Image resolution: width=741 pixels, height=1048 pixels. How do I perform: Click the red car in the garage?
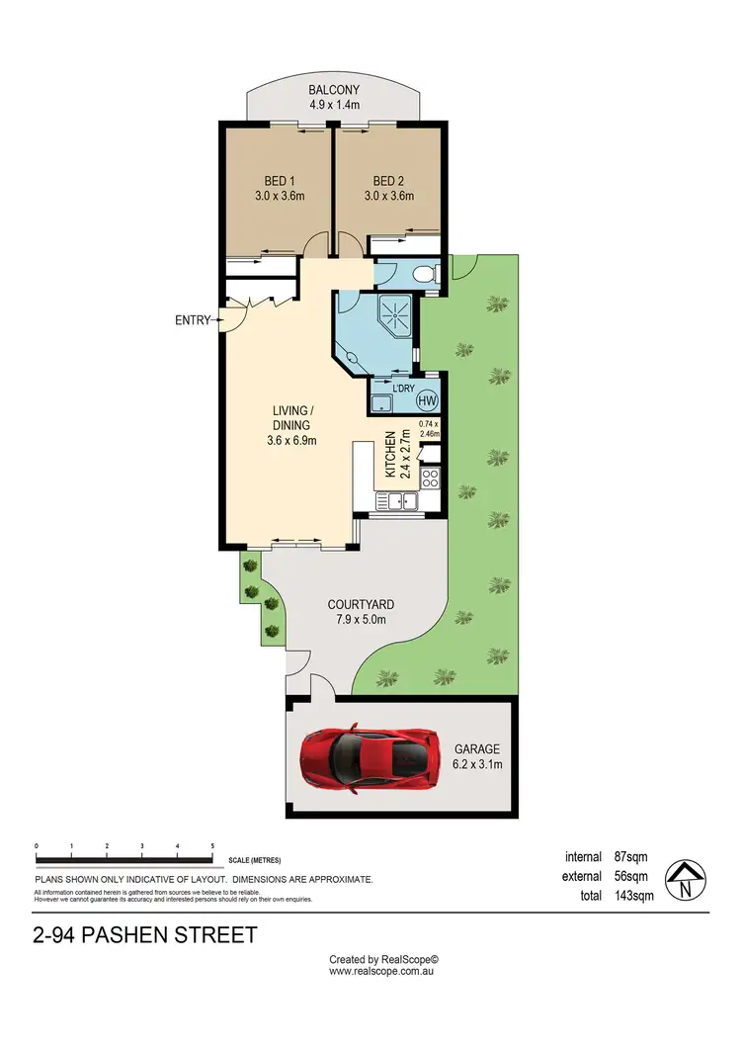(x=370, y=758)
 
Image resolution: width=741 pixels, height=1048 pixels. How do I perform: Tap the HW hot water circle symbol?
(x=427, y=400)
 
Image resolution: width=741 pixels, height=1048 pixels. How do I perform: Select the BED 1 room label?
(x=279, y=181)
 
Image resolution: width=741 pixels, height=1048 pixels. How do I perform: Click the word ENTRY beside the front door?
(x=193, y=320)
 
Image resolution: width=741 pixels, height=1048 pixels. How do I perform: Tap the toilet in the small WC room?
(x=424, y=274)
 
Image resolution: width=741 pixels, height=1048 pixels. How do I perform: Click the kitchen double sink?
(x=401, y=503)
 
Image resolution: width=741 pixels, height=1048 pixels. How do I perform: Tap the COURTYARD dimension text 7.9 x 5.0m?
(x=361, y=620)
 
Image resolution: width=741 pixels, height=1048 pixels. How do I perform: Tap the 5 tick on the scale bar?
(x=212, y=847)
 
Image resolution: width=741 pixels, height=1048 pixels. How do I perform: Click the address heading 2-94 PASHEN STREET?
(x=145, y=934)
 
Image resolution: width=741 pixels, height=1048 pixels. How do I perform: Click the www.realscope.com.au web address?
(x=383, y=971)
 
